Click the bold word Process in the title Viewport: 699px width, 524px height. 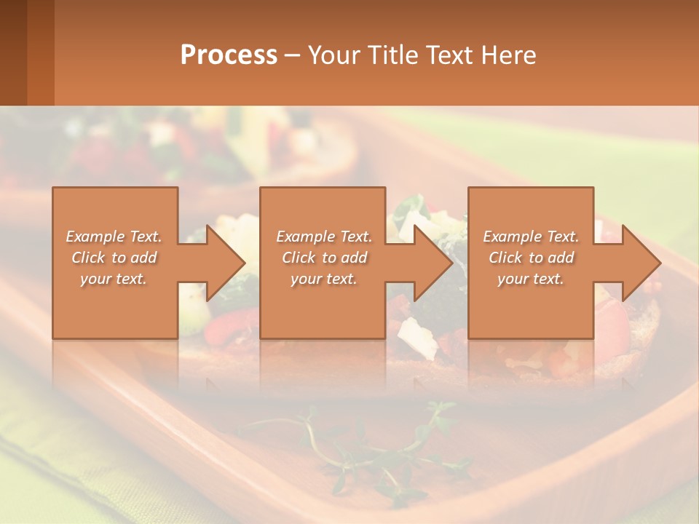229,55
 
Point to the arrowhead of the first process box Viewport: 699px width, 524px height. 226,263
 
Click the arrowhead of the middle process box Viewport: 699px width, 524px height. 433,263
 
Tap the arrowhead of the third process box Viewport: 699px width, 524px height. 641,263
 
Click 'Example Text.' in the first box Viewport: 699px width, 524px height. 114,237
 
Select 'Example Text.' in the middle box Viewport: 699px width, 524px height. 323,237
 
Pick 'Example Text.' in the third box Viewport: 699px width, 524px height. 531,237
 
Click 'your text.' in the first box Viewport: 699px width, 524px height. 114,279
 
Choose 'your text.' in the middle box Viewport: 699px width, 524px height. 323,279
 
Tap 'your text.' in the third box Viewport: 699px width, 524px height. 531,279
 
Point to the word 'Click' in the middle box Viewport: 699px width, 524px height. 299,258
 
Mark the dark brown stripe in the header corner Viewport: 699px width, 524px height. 13,52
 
